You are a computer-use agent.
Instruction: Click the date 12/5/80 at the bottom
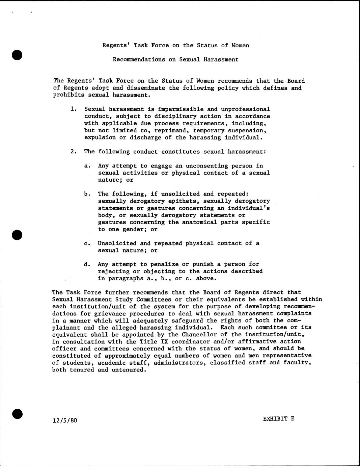click(65, 420)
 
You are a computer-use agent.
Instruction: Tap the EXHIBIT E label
click(279, 419)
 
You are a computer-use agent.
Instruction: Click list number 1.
click(74, 109)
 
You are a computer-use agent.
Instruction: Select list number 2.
click(74, 152)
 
